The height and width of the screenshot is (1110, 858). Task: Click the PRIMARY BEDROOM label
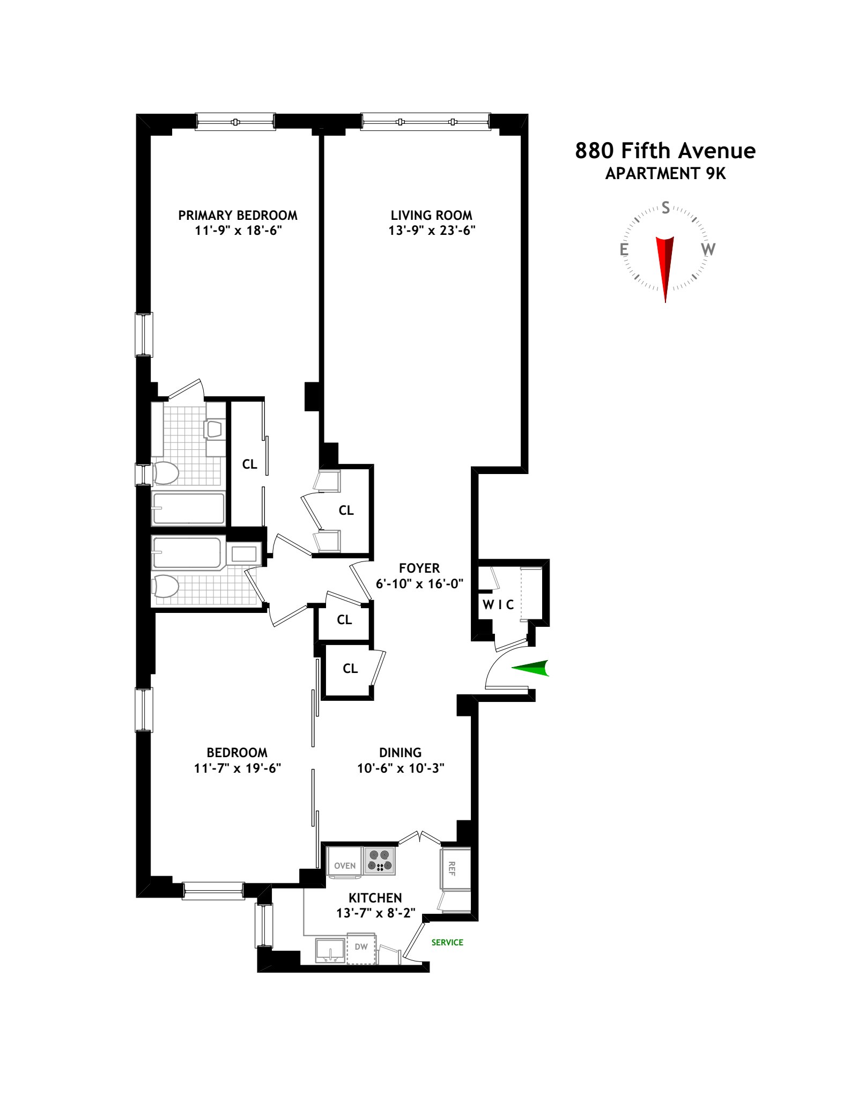click(238, 216)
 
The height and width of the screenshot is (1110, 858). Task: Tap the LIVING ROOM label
click(431, 216)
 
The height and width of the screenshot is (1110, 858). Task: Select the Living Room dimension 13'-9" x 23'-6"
click(432, 231)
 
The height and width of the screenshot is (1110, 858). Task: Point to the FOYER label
click(419, 568)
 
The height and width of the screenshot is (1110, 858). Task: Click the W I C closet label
click(498, 605)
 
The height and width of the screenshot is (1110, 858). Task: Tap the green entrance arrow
click(531, 668)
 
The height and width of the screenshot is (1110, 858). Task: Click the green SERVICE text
click(447, 942)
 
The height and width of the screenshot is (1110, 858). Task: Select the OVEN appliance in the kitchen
click(345, 865)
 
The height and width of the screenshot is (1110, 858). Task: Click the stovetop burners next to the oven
click(379, 861)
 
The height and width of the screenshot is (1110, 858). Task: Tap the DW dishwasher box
click(361, 947)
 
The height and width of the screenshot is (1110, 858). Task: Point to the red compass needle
click(665, 265)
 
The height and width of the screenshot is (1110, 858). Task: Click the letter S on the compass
click(665, 208)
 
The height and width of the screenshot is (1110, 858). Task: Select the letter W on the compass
click(708, 249)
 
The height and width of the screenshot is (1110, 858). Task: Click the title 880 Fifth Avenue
click(665, 151)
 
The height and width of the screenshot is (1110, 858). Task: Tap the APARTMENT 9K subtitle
click(665, 174)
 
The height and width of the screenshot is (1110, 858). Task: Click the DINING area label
click(400, 752)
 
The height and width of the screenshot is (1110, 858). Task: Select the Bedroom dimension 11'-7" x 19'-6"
click(238, 768)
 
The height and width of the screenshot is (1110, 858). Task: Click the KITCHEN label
click(375, 898)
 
